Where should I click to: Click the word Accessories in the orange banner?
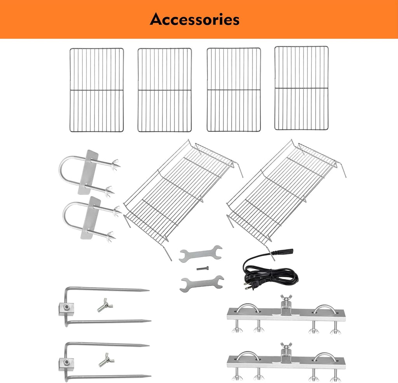point(195,19)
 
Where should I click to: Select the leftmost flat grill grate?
point(97,90)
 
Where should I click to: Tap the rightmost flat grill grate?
point(302,88)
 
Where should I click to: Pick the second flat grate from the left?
point(165,90)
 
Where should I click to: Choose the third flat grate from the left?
point(234,90)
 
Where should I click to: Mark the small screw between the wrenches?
point(202,268)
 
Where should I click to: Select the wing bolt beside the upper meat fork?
point(105,305)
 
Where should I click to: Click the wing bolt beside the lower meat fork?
point(106,360)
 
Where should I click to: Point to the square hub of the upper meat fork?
point(66,309)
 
